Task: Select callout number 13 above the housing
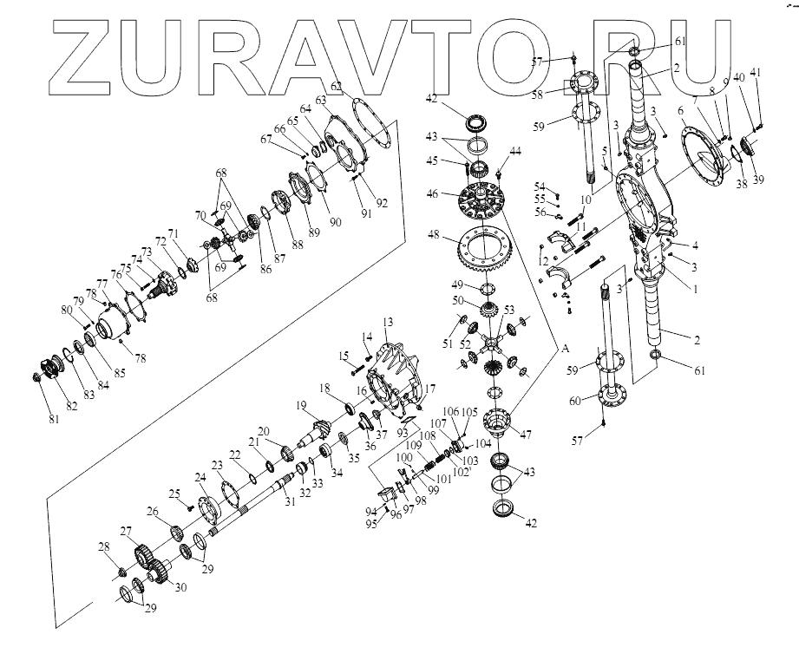[x=386, y=322]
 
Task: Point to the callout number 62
[x=336, y=88]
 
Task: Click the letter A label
[x=564, y=348]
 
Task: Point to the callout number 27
[x=127, y=530]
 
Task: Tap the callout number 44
[x=515, y=152]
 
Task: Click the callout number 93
[x=402, y=431]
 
